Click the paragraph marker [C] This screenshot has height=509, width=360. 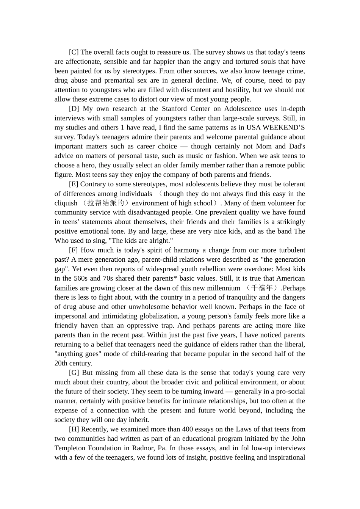74,52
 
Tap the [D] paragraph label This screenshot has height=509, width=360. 74,109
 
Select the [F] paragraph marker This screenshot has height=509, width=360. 74,250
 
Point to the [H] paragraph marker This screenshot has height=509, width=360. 74,429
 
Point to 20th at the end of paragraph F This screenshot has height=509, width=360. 61,364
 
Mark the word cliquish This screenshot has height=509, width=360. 66,203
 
